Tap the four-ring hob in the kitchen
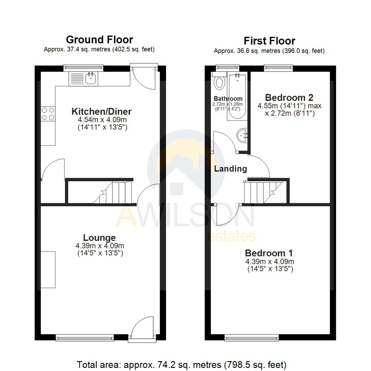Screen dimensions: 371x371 coord(48,114)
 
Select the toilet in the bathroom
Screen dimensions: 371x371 coord(219,82)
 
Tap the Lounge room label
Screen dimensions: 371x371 coord(99,237)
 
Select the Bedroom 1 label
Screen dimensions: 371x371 coord(269,253)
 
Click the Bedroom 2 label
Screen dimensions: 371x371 coord(289,97)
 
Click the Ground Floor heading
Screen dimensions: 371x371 coord(99,40)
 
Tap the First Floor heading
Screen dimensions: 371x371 coord(269,41)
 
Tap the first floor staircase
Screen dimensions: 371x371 coord(263,192)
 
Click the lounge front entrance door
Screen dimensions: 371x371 coord(143,328)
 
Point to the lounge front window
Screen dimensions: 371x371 coord(85,338)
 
